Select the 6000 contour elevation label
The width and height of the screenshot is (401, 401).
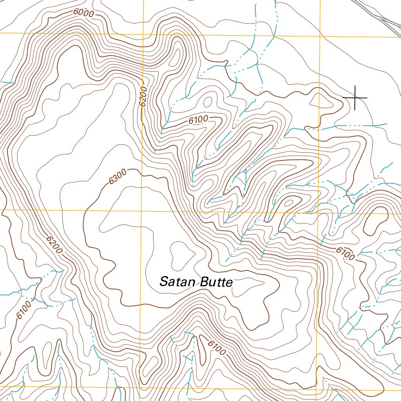83,13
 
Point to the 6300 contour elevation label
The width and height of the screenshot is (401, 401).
118,178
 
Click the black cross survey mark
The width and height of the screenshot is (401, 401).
355,98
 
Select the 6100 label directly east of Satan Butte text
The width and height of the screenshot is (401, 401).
345,254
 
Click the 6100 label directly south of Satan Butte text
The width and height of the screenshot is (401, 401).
216,347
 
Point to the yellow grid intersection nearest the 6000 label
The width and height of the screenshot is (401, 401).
143,34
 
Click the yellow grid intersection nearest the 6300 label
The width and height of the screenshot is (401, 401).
141,210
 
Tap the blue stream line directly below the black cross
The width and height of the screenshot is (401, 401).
352,125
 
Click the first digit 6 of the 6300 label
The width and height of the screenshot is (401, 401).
112,181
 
